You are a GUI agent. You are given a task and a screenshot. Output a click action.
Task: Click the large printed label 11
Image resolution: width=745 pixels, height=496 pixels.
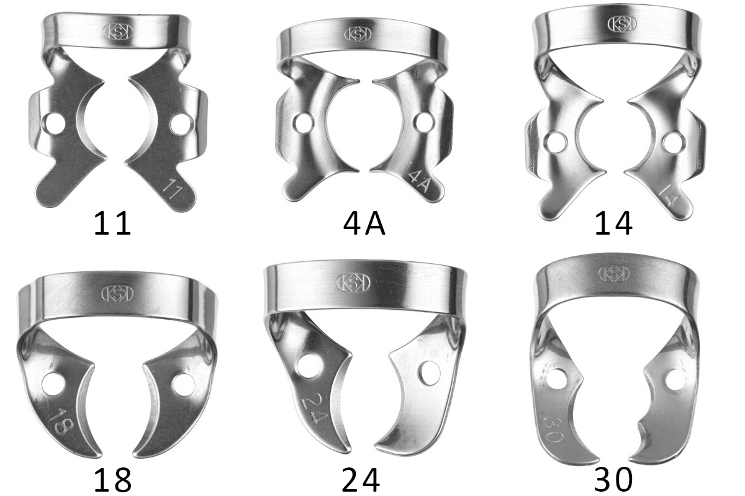[x=112, y=224]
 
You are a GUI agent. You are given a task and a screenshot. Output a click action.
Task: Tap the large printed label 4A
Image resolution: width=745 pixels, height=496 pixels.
[x=364, y=224]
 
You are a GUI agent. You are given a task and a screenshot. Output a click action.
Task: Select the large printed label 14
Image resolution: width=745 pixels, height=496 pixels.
[x=613, y=224]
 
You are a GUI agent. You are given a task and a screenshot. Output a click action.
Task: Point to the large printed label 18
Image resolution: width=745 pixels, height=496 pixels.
[x=113, y=480]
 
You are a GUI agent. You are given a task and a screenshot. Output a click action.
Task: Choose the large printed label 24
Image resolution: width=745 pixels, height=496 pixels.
[x=361, y=480]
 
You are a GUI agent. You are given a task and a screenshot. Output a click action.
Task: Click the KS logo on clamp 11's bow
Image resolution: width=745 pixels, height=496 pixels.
[x=118, y=32]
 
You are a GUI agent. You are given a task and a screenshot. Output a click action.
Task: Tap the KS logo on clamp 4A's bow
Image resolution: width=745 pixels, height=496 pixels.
[x=358, y=34]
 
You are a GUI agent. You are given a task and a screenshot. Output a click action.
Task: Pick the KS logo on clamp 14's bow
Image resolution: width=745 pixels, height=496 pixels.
[x=622, y=24]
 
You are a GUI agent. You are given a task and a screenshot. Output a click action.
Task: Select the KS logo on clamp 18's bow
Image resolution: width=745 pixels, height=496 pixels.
[x=117, y=294]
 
